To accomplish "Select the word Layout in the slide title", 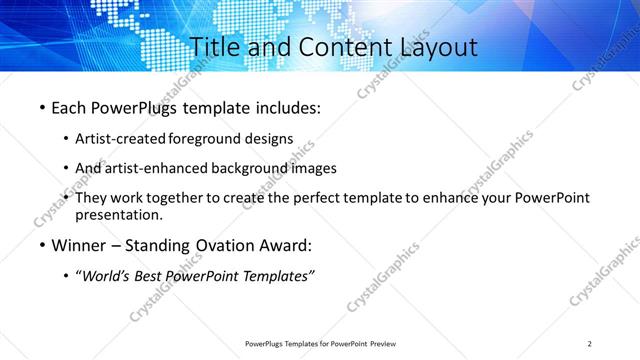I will click(435, 47).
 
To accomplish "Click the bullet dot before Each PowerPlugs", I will click(42, 107).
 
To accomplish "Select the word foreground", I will click(208, 138).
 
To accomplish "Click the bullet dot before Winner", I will click(42, 245).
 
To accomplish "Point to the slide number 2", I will click(590, 344).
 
